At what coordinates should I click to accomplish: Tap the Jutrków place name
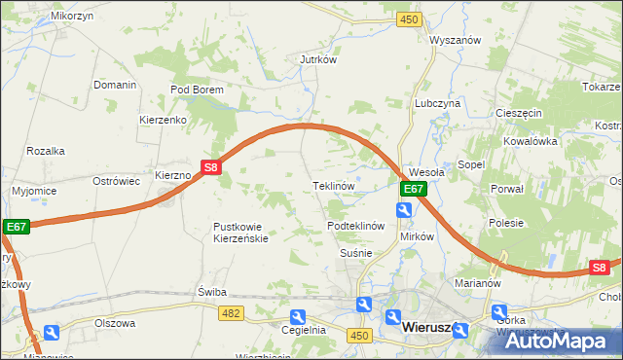tap(317, 59)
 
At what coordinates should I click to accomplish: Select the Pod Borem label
tap(197, 90)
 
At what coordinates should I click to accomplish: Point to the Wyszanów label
tap(457, 41)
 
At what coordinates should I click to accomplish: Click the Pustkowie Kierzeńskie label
tap(240, 233)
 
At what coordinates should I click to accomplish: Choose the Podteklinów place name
tap(357, 226)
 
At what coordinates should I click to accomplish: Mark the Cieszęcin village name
tap(518, 113)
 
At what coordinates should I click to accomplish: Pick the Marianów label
tap(477, 284)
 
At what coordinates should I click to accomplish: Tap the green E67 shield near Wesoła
tap(414, 190)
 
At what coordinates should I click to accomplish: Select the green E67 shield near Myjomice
tap(15, 227)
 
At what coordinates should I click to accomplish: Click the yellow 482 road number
tap(231, 312)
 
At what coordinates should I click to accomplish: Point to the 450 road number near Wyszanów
tap(410, 19)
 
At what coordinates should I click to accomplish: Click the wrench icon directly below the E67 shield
tap(404, 210)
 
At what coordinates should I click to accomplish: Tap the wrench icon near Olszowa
tap(51, 333)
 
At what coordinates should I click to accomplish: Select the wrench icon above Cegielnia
tap(298, 316)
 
